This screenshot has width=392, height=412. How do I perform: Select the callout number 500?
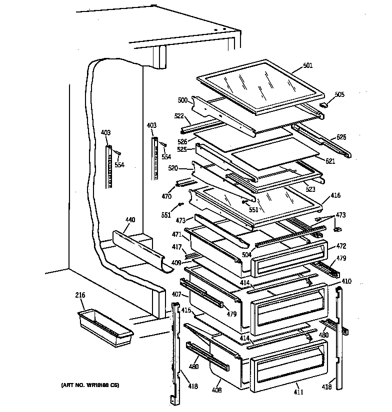(x=182, y=100)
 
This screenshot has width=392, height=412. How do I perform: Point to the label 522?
(x=179, y=116)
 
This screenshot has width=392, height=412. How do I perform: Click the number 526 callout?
(x=182, y=142)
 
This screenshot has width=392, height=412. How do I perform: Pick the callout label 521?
(x=330, y=161)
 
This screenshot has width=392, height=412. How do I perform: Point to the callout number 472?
(x=341, y=246)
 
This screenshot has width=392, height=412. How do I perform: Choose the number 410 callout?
(x=346, y=281)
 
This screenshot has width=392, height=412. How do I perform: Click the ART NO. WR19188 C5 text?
(x=90, y=385)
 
